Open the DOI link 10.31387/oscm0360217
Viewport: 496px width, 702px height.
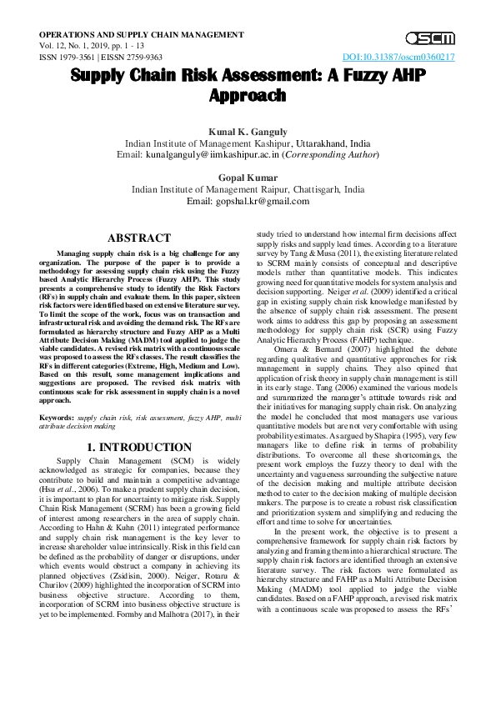click(x=398, y=58)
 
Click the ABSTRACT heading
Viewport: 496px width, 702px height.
click(x=139, y=238)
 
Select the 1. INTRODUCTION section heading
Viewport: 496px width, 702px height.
click(x=139, y=448)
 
